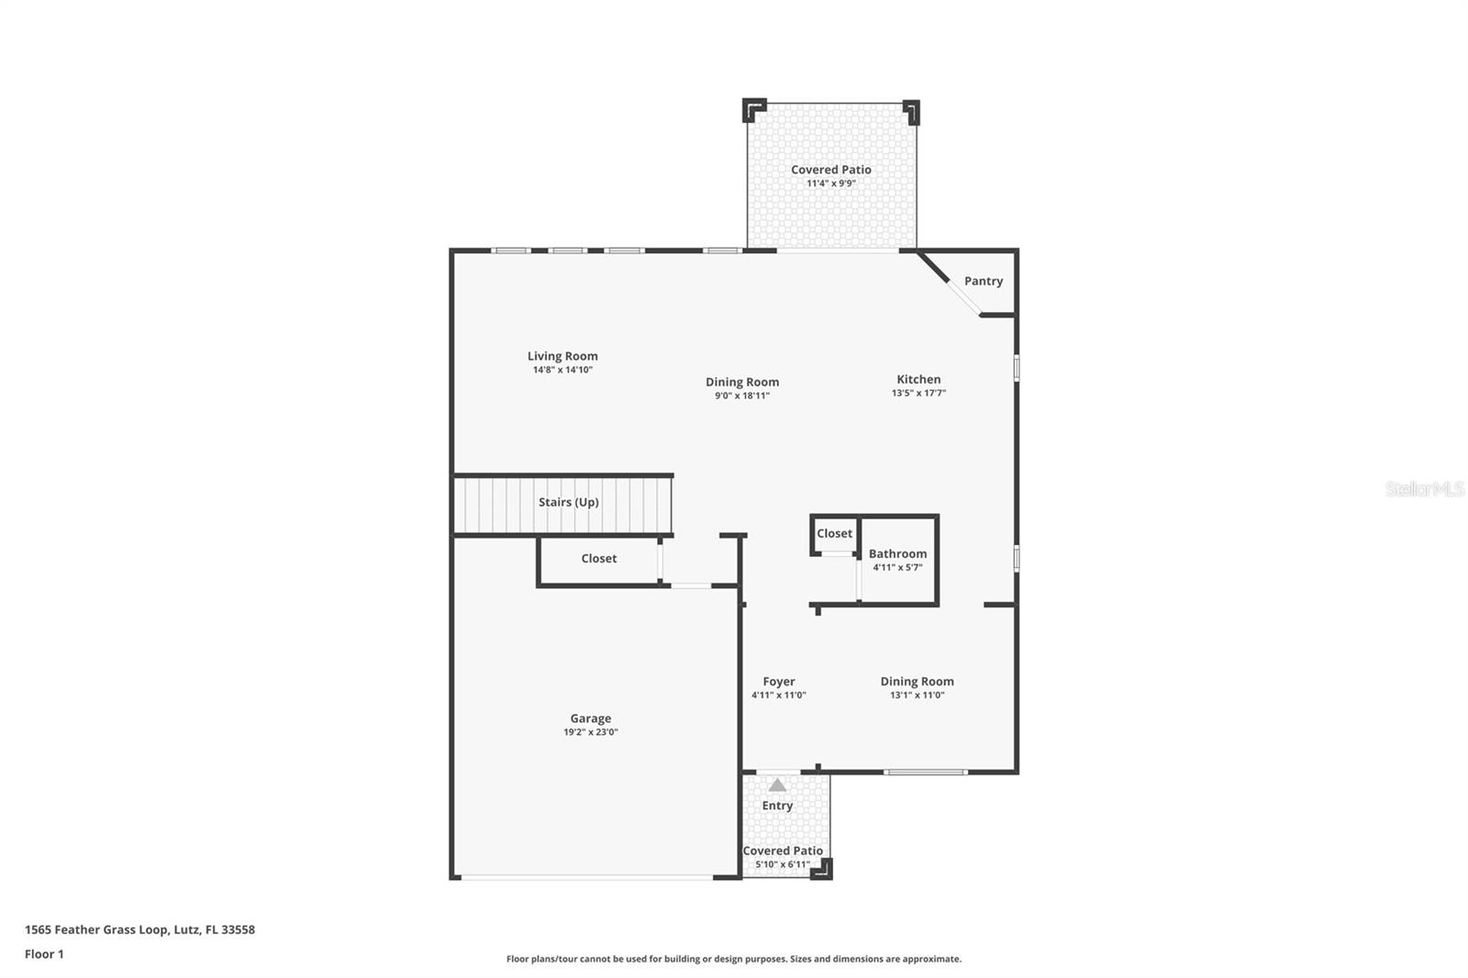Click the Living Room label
tap(562, 356)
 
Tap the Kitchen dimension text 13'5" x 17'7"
tap(918, 393)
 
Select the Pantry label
tap(983, 281)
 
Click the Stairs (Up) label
tap(568, 502)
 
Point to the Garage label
tap(590, 718)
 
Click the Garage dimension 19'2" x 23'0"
tap(590, 732)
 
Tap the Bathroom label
tap(897, 553)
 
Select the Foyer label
tap(778, 681)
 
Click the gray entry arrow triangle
tap(777, 785)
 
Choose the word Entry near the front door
tap(777, 806)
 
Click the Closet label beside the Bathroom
tap(834, 533)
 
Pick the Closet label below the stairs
tap(598, 558)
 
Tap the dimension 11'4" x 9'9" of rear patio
tap(830, 183)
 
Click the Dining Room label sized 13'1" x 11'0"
tap(917, 681)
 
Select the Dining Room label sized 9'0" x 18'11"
tap(742, 382)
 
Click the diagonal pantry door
tap(963, 297)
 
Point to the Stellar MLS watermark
tap(1424, 489)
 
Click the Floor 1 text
tap(44, 954)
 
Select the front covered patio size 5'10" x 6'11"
tap(783, 864)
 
